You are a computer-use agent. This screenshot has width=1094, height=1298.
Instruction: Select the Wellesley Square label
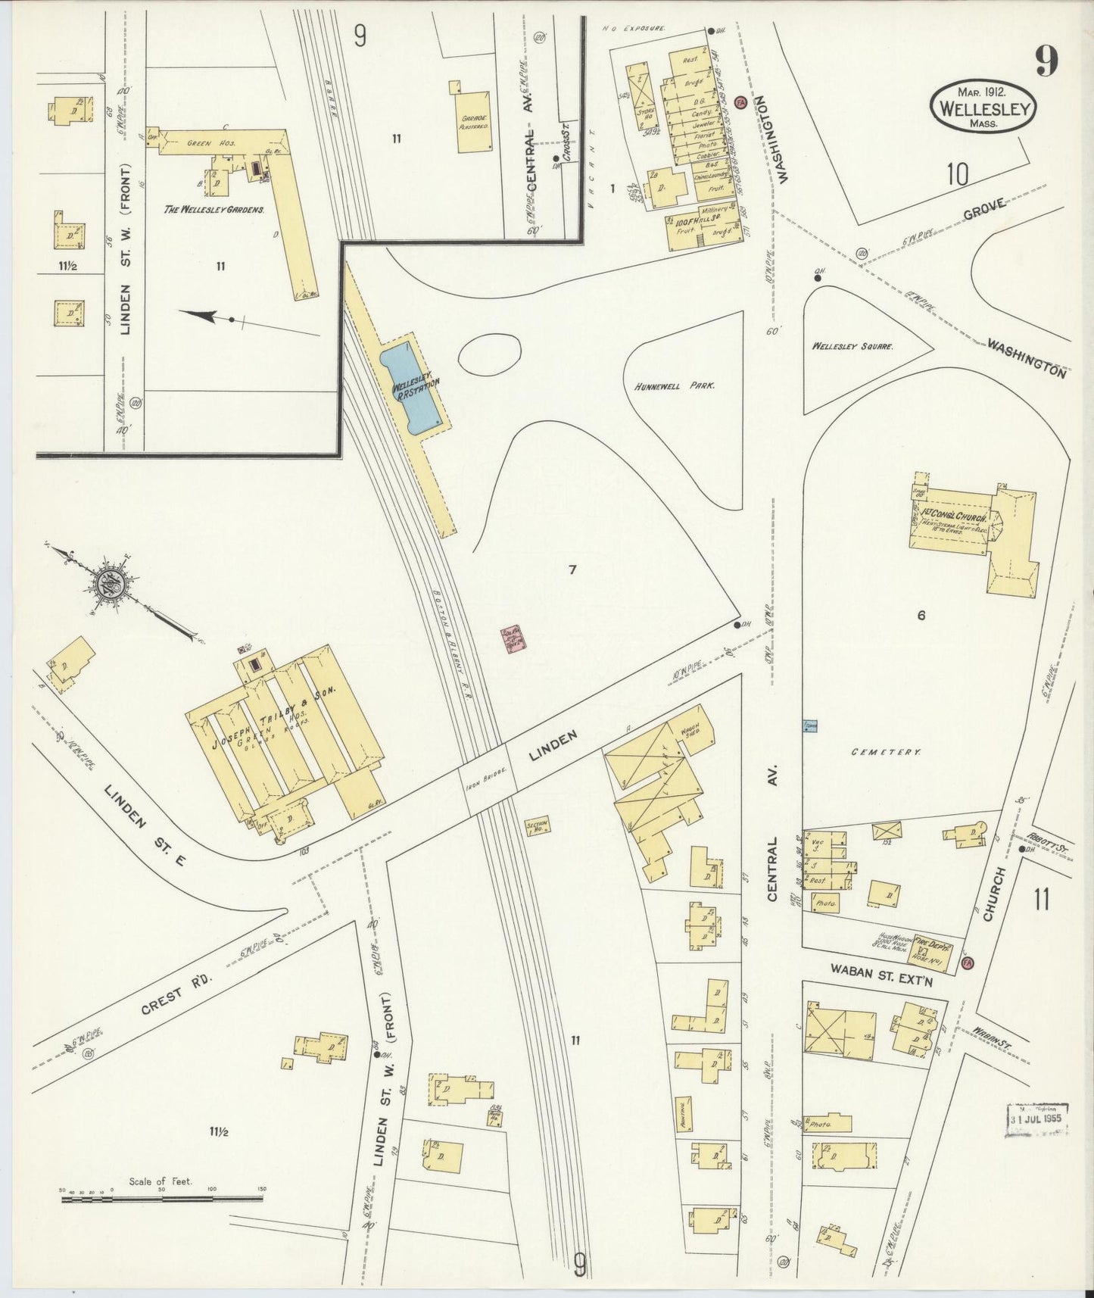(852, 346)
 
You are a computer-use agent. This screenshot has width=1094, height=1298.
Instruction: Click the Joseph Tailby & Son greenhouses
(284, 735)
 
